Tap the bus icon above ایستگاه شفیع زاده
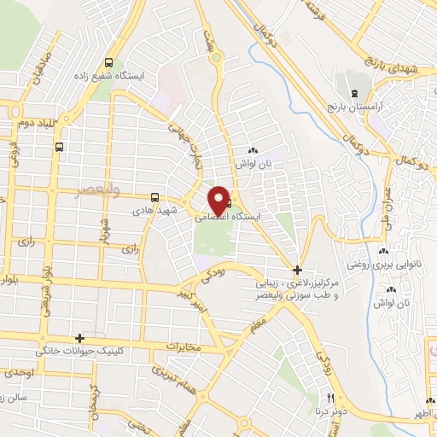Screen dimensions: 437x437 click(108, 62)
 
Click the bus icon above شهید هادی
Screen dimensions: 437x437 click(154, 196)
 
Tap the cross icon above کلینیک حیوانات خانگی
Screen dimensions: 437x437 click(79, 338)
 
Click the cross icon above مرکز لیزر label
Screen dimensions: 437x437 click(297, 269)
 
